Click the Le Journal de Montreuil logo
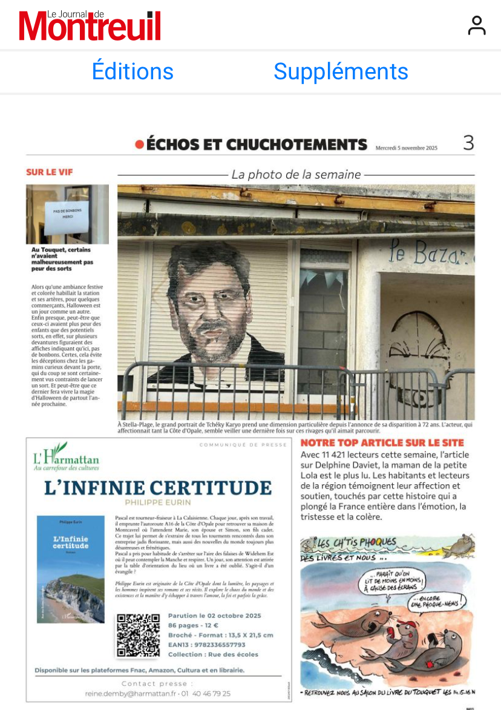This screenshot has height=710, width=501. (x=90, y=25)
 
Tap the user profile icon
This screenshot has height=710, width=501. (x=477, y=25)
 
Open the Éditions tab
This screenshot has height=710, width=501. (x=133, y=71)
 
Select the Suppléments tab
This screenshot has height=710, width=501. (x=341, y=71)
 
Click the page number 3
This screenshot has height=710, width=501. (x=468, y=143)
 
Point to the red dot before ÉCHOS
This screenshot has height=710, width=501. (x=139, y=145)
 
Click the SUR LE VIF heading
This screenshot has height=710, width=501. (x=49, y=173)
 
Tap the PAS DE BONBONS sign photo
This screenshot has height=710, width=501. (x=67, y=214)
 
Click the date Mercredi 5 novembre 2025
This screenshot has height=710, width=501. (x=406, y=147)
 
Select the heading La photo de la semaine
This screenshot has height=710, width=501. (x=296, y=175)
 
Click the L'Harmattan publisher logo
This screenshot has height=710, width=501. (x=65, y=457)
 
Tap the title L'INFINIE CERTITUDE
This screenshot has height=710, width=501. (x=158, y=488)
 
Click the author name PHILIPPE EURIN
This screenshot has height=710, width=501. (x=157, y=503)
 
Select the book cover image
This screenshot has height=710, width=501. (x=70, y=569)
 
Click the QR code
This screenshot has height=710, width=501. (x=138, y=635)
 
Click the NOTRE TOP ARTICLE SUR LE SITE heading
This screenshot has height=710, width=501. (x=382, y=443)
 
